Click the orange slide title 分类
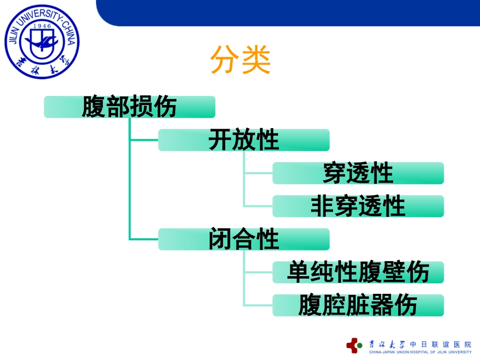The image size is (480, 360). [x=241, y=60]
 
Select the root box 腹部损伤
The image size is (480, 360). [x=129, y=107]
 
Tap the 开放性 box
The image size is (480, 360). [x=244, y=140]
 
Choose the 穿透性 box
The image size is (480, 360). [x=358, y=173]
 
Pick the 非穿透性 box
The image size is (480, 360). [x=358, y=206]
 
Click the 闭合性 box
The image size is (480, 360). [x=244, y=239]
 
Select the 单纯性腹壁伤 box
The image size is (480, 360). [x=358, y=272]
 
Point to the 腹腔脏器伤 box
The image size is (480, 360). [x=358, y=305]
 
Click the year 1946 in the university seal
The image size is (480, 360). [x=42, y=26]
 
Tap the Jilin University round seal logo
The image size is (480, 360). [x=42, y=41]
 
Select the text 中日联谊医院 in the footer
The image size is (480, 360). [x=441, y=344]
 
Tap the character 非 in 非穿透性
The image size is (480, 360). [x=322, y=206]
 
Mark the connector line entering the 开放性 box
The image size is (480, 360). [x=144, y=140]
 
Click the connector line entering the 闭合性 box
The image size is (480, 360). [x=144, y=239]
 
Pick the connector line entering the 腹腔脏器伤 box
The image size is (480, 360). [x=258, y=305]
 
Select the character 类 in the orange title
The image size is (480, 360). [x=256, y=60]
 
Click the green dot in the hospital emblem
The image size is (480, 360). [x=360, y=345]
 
